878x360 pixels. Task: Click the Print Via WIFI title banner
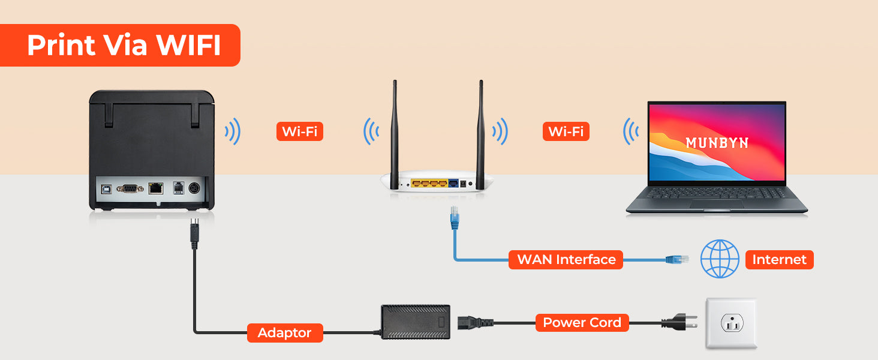[120, 45]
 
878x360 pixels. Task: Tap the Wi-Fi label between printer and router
[300, 131]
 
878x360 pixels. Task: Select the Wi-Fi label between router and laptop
[566, 131]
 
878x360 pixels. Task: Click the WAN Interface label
[566, 260]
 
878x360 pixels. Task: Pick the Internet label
[779, 260]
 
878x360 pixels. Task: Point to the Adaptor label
[285, 333]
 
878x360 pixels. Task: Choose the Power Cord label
[582, 323]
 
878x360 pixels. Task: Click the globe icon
[720, 259]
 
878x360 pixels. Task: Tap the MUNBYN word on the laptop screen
[717, 143]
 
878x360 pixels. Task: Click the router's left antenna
[395, 134]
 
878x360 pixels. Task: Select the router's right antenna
[480, 134]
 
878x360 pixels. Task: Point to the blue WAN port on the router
[453, 183]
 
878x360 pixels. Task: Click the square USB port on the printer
[106, 189]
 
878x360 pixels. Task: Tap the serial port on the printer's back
[130, 189]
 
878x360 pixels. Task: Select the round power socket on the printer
[194, 188]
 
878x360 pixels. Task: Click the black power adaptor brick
[416, 322]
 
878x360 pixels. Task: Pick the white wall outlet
[732, 323]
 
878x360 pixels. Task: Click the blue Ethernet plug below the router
[455, 218]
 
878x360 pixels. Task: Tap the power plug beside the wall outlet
[679, 322]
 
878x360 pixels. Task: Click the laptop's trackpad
[717, 205]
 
